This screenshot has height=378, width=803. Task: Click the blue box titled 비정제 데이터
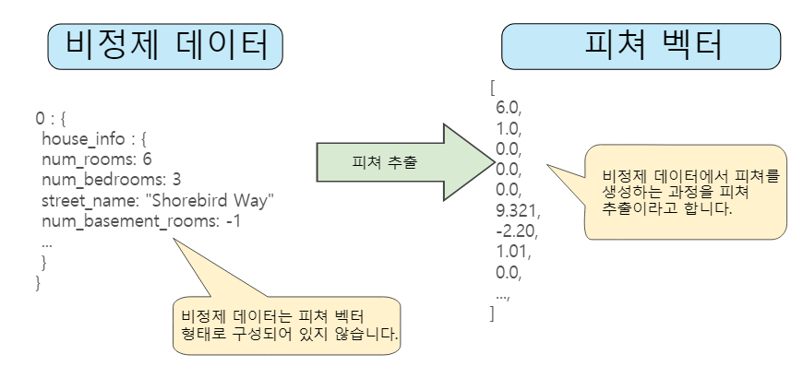pos(165,45)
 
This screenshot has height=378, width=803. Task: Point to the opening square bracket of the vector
pos(494,88)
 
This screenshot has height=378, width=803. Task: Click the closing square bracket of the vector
pos(493,313)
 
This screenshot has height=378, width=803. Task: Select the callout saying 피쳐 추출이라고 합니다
pos(686,192)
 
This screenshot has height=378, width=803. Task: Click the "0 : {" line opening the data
pos(52,119)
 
